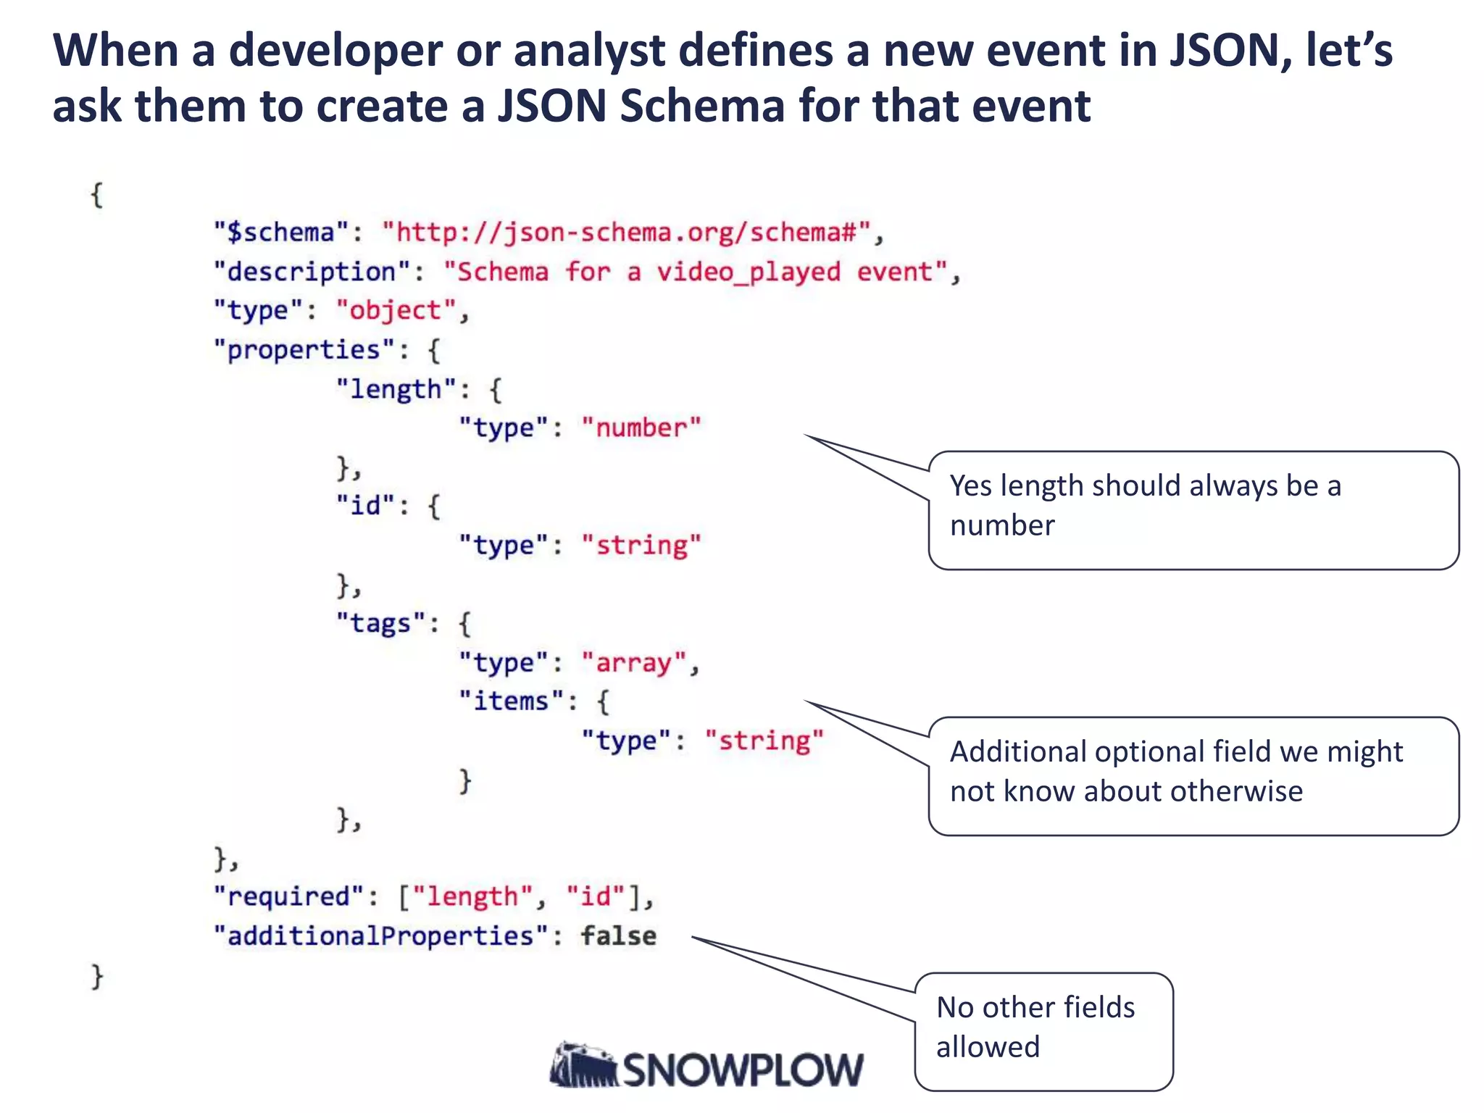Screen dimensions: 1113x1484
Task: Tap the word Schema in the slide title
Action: [x=702, y=106]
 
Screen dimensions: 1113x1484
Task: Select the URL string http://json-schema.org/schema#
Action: [x=626, y=233]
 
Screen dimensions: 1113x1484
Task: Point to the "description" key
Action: [x=312, y=272]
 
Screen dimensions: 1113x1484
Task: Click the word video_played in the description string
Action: [x=749, y=272]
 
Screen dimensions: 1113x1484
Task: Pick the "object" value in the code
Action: [x=396, y=311]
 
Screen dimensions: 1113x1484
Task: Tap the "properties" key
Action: [x=304, y=350]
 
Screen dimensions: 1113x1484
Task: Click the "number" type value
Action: [x=641, y=428]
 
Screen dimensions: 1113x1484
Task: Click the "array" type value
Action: [x=633, y=663]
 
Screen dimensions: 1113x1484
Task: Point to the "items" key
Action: [x=511, y=701]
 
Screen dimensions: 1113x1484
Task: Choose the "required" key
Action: [x=288, y=897]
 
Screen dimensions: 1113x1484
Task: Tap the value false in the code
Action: [x=619, y=936]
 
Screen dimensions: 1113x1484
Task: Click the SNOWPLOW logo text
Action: [x=742, y=1070]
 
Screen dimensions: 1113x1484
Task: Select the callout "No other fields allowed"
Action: [x=1043, y=1031]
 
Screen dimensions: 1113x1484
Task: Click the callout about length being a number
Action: [x=1193, y=510]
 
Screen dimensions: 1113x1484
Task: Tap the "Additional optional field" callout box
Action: [x=1193, y=776]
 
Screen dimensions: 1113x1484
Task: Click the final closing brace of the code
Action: [x=97, y=976]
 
